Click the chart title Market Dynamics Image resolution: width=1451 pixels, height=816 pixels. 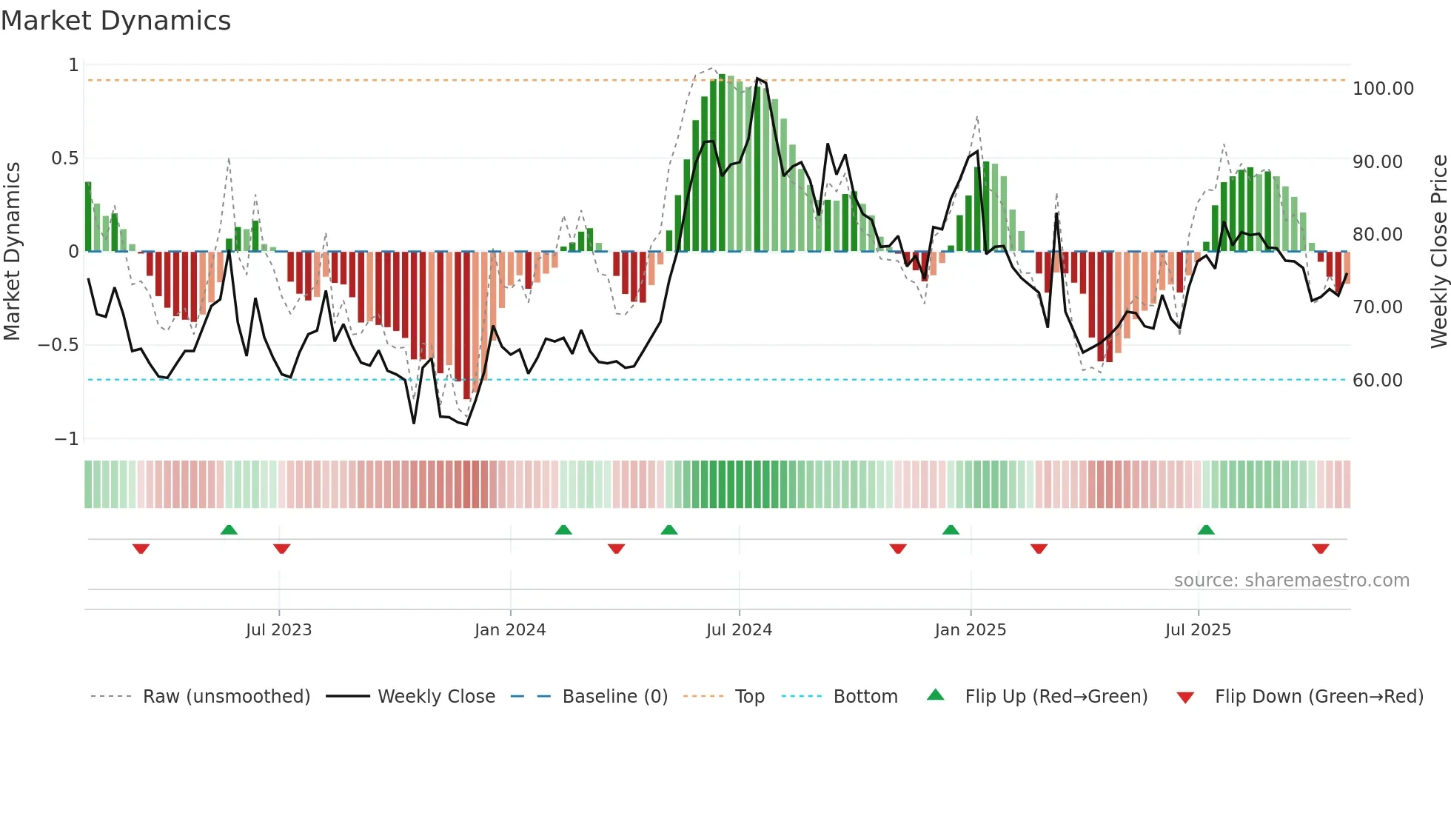point(115,21)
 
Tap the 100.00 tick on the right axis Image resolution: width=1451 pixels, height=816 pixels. point(1382,89)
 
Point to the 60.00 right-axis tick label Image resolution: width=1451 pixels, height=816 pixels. point(1377,381)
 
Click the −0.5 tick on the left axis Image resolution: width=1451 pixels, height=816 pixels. point(58,345)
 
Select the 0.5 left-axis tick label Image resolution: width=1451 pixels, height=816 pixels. point(64,158)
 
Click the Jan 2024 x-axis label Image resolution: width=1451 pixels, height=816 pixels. point(509,630)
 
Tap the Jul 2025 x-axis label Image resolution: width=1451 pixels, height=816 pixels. point(1197,630)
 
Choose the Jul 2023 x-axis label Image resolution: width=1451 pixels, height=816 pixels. point(278,630)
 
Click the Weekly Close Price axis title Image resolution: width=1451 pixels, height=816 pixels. point(1438,252)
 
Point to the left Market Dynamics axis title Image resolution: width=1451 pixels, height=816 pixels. point(12,252)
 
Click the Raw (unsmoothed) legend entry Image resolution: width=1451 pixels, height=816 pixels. point(226,697)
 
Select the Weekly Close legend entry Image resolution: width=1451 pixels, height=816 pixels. point(436,697)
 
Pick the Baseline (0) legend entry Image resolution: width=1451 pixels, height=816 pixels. point(614,697)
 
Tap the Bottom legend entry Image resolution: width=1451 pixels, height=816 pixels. point(865,697)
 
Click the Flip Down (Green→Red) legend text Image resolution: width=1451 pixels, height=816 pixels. point(1318,697)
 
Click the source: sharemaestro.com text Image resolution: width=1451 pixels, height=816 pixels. point(1291,581)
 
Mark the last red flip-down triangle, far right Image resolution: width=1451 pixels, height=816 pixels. point(1320,548)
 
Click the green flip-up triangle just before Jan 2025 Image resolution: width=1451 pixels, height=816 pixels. point(951,530)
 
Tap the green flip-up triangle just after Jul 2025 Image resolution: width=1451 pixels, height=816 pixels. point(1205,530)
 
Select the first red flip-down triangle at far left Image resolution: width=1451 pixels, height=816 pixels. point(141,548)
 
